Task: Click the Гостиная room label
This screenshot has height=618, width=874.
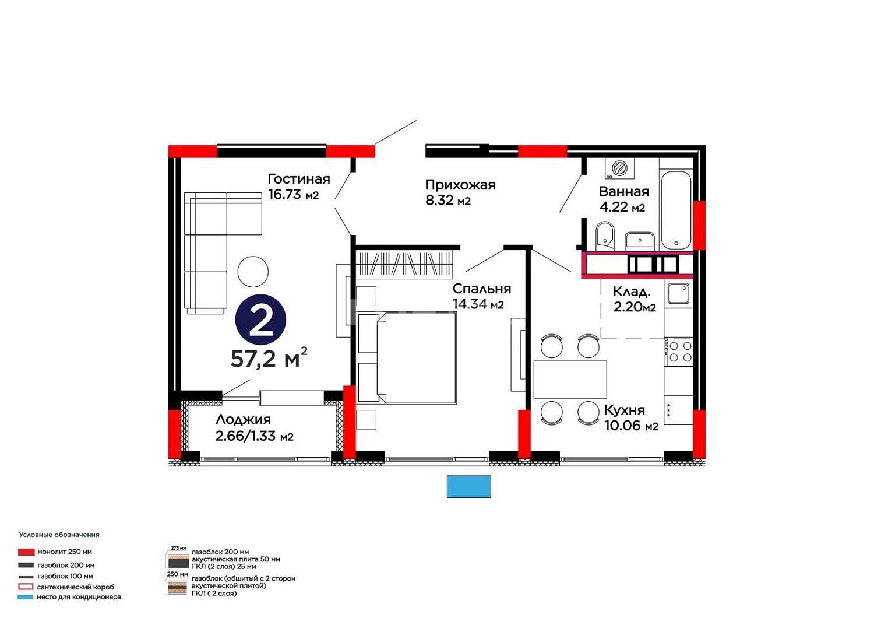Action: tap(299, 179)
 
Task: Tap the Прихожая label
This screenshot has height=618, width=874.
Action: tap(460, 185)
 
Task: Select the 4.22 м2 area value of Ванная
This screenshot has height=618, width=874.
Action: tap(622, 207)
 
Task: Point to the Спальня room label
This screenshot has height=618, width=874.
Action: tap(482, 289)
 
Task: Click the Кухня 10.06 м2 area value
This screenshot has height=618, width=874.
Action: tap(631, 426)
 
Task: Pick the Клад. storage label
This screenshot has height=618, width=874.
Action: tap(631, 292)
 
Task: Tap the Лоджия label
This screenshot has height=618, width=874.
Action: tap(243, 420)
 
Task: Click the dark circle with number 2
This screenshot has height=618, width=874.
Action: tap(260, 320)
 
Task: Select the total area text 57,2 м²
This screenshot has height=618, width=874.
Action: tap(269, 358)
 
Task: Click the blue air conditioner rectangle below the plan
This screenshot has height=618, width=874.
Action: tap(468, 486)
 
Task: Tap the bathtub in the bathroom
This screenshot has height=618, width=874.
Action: tap(676, 210)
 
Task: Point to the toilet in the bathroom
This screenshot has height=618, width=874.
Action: tap(605, 235)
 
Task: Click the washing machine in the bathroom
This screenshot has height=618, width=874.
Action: tap(619, 168)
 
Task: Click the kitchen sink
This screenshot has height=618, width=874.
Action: tap(678, 294)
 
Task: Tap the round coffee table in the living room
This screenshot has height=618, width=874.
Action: tap(253, 272)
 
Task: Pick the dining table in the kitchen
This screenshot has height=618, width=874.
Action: tap(570, 379)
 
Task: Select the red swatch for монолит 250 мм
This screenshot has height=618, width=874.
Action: tap(26, 552)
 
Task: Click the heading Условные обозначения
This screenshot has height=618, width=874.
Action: tap(59, 535)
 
